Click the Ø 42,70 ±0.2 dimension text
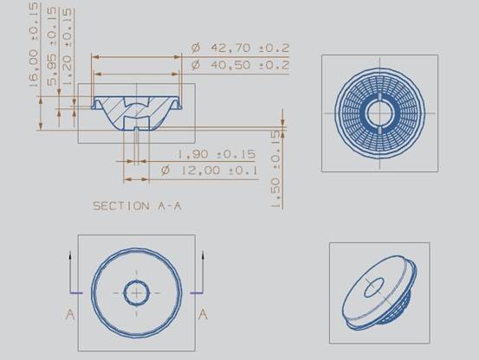[241, 48]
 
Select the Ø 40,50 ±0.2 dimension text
[241, 65]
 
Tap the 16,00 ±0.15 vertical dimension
[35, 45]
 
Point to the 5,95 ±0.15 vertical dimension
[52, 47]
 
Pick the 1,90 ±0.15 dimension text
[217, 154]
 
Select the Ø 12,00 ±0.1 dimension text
[210, 170]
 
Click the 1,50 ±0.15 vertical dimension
[275, 170]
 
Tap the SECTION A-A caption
[137, 206]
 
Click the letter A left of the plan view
[70, 314]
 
